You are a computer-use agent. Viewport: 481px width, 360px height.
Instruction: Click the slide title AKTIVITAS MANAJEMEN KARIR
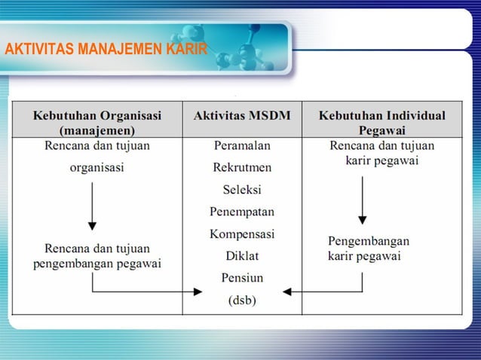pyautogui.click(x=106, y=50)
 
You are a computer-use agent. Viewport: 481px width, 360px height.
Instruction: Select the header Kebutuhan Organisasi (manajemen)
pyautogui.click(x=97, y=123)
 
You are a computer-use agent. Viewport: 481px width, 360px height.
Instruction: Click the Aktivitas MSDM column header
pyautogui.click(x=242, y=116)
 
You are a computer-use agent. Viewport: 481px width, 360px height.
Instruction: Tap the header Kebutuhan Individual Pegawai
pyautogui.click(x=381, y=123)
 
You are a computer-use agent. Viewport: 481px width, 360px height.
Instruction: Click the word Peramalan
pyautogui.click(x=242, y=145)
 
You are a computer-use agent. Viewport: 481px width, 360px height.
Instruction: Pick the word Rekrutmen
pyautogui.click(x=242, y=167)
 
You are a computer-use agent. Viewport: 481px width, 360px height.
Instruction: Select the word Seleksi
pyautogui.click(x=242, y=189)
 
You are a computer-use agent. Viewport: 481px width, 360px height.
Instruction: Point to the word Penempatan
pyautogui.click(x=242, y=212)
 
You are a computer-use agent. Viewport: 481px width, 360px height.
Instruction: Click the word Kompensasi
pyautogui.click(x=242, y=234)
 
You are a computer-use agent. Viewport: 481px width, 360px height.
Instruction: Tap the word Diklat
pyautogui.click(x=242, y=256)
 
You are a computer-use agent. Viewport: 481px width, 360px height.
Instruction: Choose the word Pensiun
pyautogui.click(x=242, y=278)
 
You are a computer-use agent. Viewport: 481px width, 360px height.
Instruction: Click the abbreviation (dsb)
pyautogui.click(x=242, y=301)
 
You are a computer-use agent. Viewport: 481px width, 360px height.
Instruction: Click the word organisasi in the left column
pyautogui.click(x=97, y=168)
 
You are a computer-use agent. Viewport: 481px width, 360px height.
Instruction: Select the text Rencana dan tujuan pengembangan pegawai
pyautogui.click(x=97, y=256)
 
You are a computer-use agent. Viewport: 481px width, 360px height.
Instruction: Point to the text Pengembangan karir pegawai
pyautogui.click(x=368, y=249)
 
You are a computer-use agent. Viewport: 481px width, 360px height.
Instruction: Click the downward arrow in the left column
pyautogui.click(x=92, y=205)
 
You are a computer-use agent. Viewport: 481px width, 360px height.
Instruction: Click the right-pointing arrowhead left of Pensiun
pyautogui.click(x=198, y=291)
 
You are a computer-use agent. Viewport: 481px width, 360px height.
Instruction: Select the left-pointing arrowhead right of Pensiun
pyautogui.click(x=286, y=291)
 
